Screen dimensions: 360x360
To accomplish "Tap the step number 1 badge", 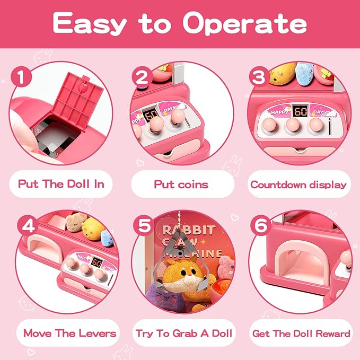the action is [x=21, y=77].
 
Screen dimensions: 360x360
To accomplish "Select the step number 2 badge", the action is [x=142, y=77].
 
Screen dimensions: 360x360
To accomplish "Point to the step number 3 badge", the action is [x=259, y=77].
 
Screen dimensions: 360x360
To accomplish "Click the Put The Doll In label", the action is [x=61, y=184].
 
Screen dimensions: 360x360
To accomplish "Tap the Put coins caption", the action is [x=181, y=185].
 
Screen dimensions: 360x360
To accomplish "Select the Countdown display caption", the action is [x=298, y=185].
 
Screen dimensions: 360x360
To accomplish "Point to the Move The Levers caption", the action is [x=70, y=333].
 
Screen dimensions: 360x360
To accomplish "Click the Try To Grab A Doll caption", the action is [x=184, y=333].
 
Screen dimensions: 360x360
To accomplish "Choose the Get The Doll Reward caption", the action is [x=301, y=333].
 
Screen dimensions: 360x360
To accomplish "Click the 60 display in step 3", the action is [x=301, y=111].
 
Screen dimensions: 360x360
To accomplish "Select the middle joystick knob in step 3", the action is [x=293, y=125].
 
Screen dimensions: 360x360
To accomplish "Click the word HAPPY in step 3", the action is [x=279, y=112].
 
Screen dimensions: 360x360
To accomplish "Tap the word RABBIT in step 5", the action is [x=189, y=230].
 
